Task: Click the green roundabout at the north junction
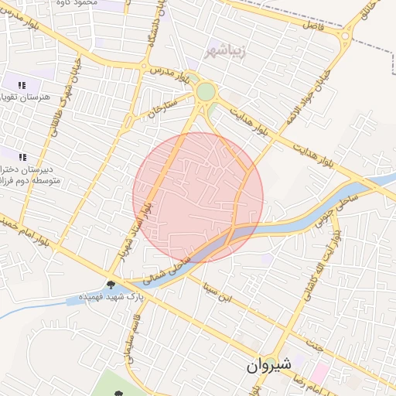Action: [x=205, y=92]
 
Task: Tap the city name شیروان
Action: [x=270, y=366]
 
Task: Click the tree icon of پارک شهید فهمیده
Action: [x=112, y=285]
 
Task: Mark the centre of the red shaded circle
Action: [x=198, y=197]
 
